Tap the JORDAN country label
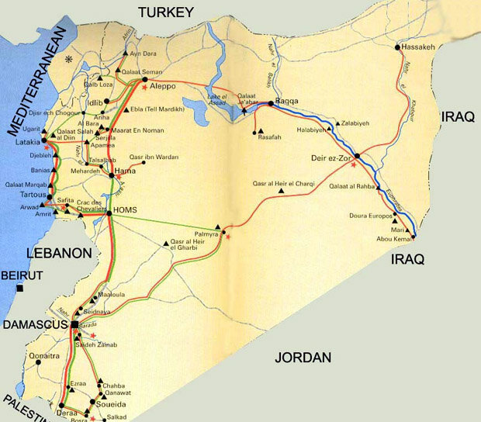[302, 358]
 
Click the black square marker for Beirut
[21, 289]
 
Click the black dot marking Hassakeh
[398, 47]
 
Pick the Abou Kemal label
[390, 238]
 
